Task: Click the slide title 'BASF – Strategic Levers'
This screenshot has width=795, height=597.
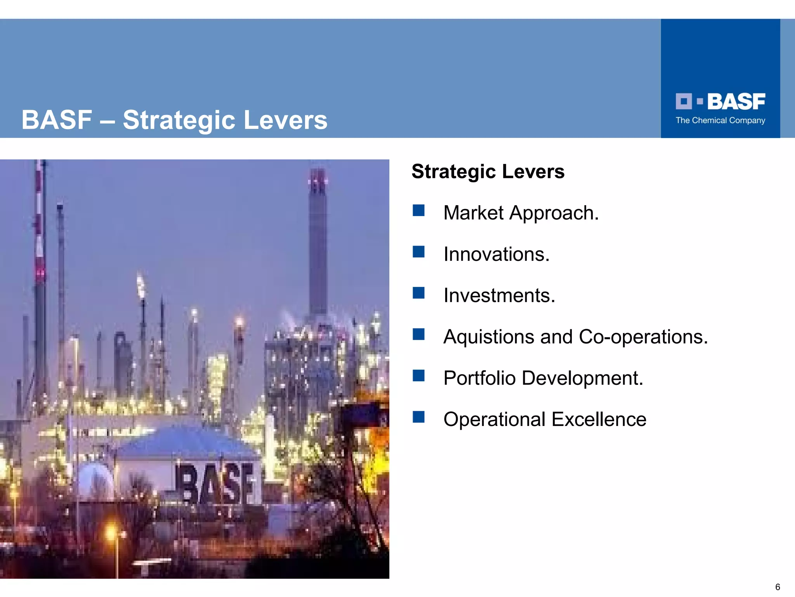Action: pos(174,120)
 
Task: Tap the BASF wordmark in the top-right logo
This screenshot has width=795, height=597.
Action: pos(736,101)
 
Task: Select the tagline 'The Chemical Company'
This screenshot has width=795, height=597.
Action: pos(720,120)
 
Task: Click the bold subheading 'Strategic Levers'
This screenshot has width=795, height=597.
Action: pos(488,171)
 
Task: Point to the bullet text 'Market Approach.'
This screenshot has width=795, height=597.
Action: pos(521,213)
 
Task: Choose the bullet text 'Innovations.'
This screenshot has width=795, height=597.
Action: pos(496,254)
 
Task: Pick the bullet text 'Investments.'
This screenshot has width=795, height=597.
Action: pos(499,295)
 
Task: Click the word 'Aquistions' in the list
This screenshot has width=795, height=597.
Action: pos(489,337)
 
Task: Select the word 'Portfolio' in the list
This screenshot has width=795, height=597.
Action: pos(479,378)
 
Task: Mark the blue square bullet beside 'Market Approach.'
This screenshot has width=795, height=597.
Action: pos(418,211)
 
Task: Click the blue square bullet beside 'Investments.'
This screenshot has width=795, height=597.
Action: pos(418,293)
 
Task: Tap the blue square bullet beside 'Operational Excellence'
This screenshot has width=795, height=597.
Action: pos(418,417)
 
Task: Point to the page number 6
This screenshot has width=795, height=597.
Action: pos(778,587)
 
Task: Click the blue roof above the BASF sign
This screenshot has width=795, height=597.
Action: pos(186,443)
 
